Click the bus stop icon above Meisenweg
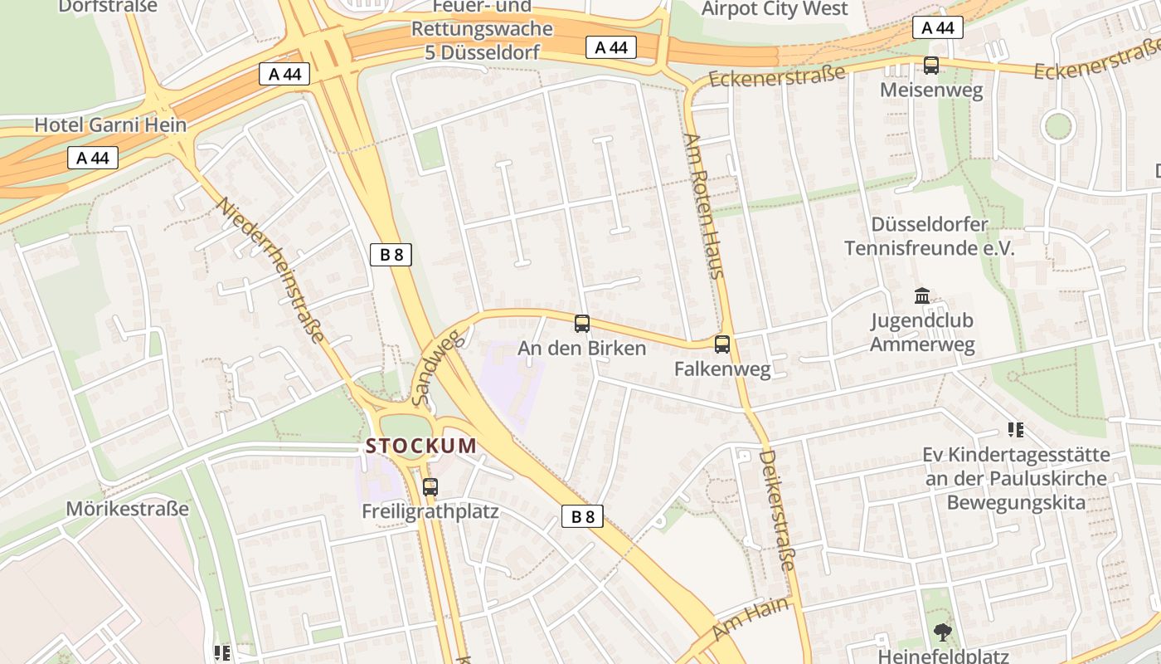pyautogui.click(x=931, y=65)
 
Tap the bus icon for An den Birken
pyautogui.click(x=582, y=324)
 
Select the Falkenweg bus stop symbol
pyautogui.click(x=722, y=344)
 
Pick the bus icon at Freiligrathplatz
pyautogui.click(x=430, y=487)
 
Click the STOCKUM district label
pyautogui.click(x=421, y=446)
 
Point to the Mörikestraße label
pyautogui.click(x=128, y=508)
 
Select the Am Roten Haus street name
pyautogui.click(x=704, y=205)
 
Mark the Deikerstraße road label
pyautogui.click(x=777, y=510)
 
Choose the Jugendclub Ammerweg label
pyautogui.click(x=922, y=332)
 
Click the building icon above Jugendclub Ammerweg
pyautogui.click(x=921, y=295)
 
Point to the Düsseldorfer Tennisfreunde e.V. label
pyautogui.click(x=930, y=236)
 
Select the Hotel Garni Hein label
pyautogui.click(x=110, y=124)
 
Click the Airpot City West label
pyautogui.click(x=775, y=9)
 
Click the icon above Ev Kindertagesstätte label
pyautogui.click(x=1016, y=429)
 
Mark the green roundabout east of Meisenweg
pyautogui.click(x=1057, y=127)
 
